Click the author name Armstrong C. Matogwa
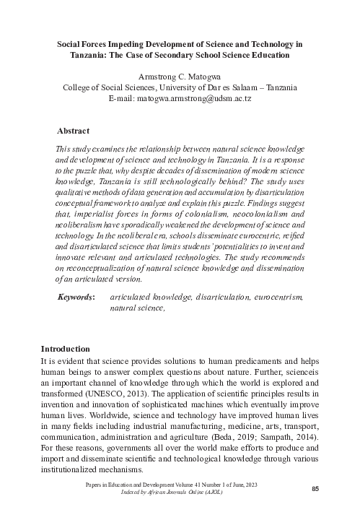[180, 75]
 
